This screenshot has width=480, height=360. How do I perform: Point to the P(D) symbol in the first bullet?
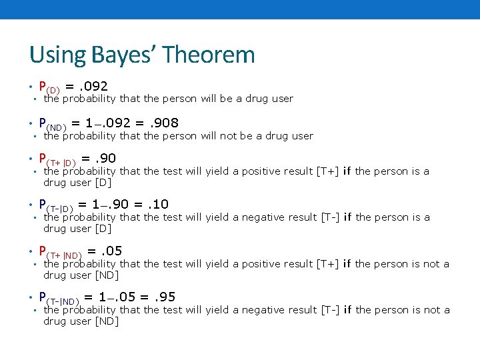point(50,87)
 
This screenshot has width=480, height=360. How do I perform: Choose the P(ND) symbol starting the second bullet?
point(53,124)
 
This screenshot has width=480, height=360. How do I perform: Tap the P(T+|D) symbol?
point(57,159)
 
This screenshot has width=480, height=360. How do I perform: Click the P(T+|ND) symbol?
point(60,252)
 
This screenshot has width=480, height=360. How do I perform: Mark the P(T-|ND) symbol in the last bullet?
point(59,298)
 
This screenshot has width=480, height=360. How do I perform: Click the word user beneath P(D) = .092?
point(281,99)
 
